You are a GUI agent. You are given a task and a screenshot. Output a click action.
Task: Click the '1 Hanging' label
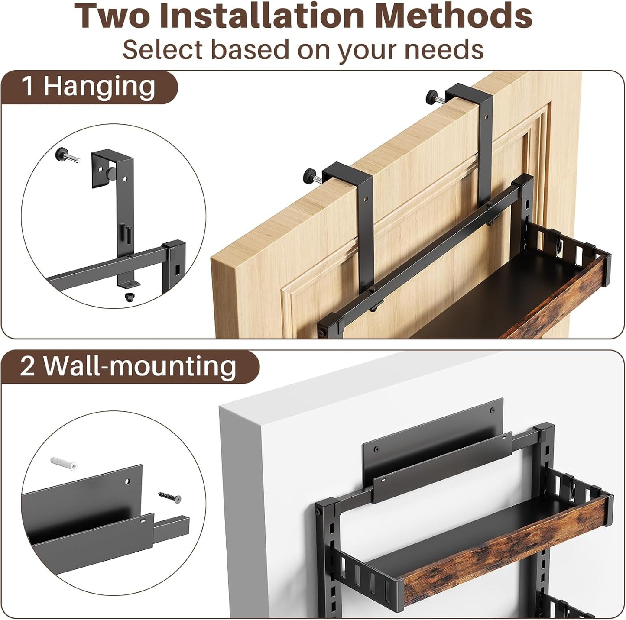coord(88,86)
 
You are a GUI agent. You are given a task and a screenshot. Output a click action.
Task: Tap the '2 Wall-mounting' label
coord(128,366)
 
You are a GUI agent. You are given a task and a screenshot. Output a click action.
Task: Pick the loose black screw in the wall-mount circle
coord(169,497)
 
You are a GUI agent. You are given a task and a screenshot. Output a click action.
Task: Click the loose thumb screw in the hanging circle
coord(65,155)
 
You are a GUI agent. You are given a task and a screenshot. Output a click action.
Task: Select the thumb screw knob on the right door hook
coord(432,95)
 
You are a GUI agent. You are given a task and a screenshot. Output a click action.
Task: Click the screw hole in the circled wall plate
coord(127,481)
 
